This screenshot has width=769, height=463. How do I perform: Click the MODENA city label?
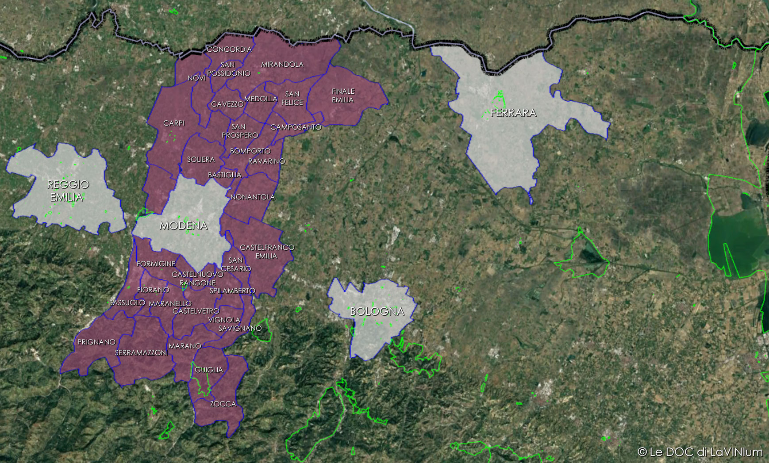click(x=183, y=226)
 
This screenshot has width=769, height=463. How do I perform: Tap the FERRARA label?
click(x=513, y=113)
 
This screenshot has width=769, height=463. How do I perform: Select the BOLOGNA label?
click(x=377, y=311)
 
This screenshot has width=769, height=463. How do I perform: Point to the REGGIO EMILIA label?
click(x=68, y=191)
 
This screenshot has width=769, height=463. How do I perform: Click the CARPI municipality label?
click(x=174, y=123)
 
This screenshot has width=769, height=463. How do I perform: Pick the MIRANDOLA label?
click(x=282, y=64)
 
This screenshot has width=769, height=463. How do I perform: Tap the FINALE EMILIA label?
click(x=343, y=96)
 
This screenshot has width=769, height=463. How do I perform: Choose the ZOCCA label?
click(x=223, y=404)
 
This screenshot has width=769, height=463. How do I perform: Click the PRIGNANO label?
click(x=96, y=342)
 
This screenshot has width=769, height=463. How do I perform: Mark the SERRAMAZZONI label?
click(x=142, y=352)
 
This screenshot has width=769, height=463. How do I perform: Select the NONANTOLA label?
click(x=253, y=197)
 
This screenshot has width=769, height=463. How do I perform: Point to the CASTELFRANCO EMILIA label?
click(x=267, y=252)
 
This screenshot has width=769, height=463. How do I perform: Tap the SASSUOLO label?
click(x=127, y=302)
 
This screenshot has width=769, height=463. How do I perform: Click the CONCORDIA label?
click(x=229, y=49)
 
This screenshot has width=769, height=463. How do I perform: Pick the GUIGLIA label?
click(x=209, y=370)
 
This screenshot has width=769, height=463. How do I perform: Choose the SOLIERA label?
click(x=201, y=159)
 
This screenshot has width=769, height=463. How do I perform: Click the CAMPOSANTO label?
click(x=296, y=127)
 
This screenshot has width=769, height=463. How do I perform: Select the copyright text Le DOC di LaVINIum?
click(x=700, y=452)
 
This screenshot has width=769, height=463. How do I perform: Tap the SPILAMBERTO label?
click(x=232, y=291)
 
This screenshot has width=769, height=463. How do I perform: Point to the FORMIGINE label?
click(x=156, y=264)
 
